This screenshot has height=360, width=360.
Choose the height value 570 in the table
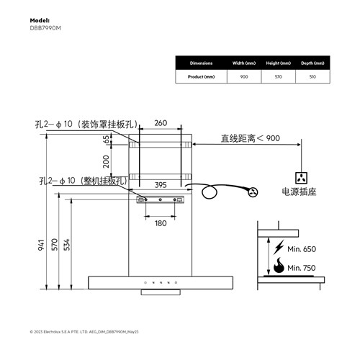278,76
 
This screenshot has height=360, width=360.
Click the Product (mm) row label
201,76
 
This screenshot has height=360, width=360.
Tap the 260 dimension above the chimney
161,123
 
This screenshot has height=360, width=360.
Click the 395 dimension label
161,185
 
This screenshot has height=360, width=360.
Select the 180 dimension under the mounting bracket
161,223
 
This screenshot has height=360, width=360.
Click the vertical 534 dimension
67,245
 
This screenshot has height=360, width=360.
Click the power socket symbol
302,176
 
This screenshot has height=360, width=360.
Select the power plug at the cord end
252,192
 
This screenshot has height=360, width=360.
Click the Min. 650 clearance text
302,248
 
